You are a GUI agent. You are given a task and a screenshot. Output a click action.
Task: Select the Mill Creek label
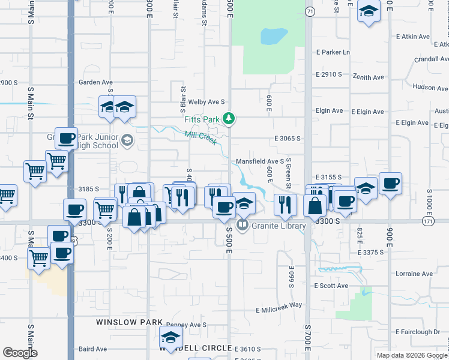click(x=200, y=137)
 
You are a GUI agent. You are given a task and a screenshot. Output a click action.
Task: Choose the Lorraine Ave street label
click(x=414, y=274)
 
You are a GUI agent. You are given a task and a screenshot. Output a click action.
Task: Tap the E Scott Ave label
click(x=332, y=286)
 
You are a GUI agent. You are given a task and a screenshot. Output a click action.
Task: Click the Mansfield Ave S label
click(x=259, y=161)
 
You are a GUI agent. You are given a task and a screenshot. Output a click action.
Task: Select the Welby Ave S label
click(x=206, y=102)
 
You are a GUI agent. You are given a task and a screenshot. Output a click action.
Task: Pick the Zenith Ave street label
click(x=369, y=77)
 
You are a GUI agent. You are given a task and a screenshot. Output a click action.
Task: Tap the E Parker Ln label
click(x=333, y=52)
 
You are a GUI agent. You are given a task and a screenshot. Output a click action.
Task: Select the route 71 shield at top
click(x=309, y=11)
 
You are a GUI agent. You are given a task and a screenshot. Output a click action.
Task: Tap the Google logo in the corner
click(x=20, y=353)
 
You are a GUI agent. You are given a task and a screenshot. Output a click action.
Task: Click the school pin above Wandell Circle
click(x=170, y=337)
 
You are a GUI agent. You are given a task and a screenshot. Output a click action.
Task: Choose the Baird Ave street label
click(x=92, y=349)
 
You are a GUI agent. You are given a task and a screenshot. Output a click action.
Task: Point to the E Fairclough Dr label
click(x=418, y=332)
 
